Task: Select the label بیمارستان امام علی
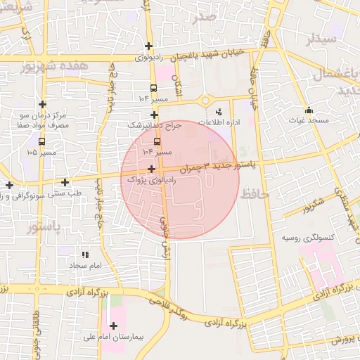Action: pos(113,337)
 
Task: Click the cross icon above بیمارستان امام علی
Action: pos(113,325)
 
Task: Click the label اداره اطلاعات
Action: pos(226,122)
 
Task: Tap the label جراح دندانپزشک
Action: pos(154,124)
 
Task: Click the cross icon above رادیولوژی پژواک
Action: pos(153,169)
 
